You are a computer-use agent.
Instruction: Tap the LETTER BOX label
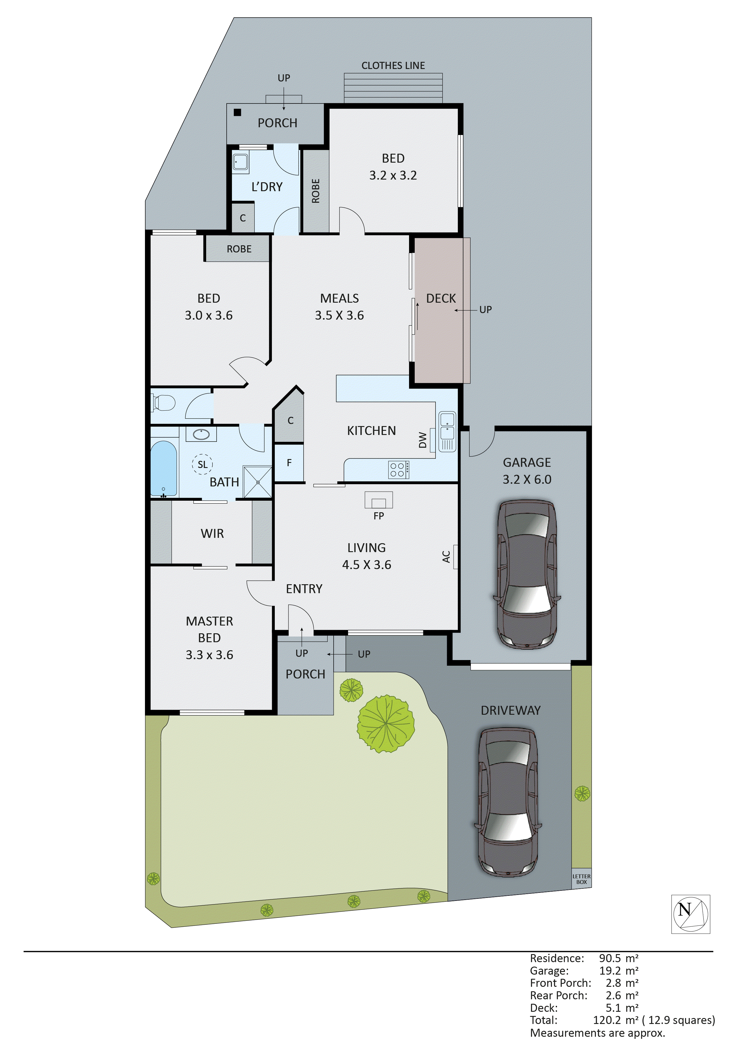tap(581, 879)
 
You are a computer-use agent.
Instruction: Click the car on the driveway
tap(508, 802)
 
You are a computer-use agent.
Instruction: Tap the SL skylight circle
tap(202, 464)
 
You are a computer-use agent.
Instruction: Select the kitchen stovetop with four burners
tap(398, 470)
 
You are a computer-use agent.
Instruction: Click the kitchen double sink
tap(447, 431)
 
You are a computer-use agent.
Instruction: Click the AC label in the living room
tap(446, 557)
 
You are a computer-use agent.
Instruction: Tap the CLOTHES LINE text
tap(393, 65)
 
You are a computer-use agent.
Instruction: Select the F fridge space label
tap(289, 463)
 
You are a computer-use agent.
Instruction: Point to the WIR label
tap(212, 533)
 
